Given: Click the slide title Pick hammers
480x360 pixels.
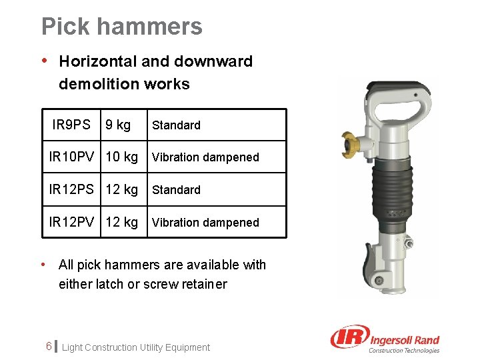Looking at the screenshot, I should click(x=122, y=27).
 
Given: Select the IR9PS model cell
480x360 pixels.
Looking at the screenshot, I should click(x=71, y=125).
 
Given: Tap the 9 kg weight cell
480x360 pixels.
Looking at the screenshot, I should click(x=118, y=125).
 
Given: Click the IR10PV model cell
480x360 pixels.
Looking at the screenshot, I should click(x=72, y=157).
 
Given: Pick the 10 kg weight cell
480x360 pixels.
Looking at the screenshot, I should click(x=122, y=157).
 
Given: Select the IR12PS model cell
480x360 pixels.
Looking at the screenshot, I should click(x=72, y=189).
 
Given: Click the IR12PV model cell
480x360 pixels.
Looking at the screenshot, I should click(x=72, y=222).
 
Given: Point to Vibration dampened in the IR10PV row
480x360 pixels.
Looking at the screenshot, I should click(x=205, y=157).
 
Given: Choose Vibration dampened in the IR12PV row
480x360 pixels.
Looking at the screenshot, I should click(x=205, y=223).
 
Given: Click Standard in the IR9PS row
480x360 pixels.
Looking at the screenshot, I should click(x=176, y=125).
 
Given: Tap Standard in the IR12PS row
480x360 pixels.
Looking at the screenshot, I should click(x=176, y=190).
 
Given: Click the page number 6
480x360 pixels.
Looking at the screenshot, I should click(x=49, y=347).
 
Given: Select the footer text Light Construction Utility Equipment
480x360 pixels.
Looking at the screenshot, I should click(x=136, y=347).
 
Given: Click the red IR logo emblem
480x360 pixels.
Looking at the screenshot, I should click(x=348, y=337).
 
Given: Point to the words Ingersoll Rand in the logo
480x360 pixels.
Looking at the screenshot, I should click(x=404, y=340).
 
